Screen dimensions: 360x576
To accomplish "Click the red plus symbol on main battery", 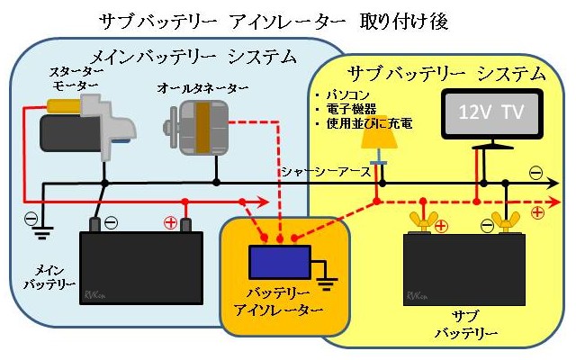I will [x=169, y=220].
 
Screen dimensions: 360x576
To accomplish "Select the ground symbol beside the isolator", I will [x=326, y=283].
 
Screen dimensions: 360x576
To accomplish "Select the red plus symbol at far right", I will [x=538, y=213].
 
